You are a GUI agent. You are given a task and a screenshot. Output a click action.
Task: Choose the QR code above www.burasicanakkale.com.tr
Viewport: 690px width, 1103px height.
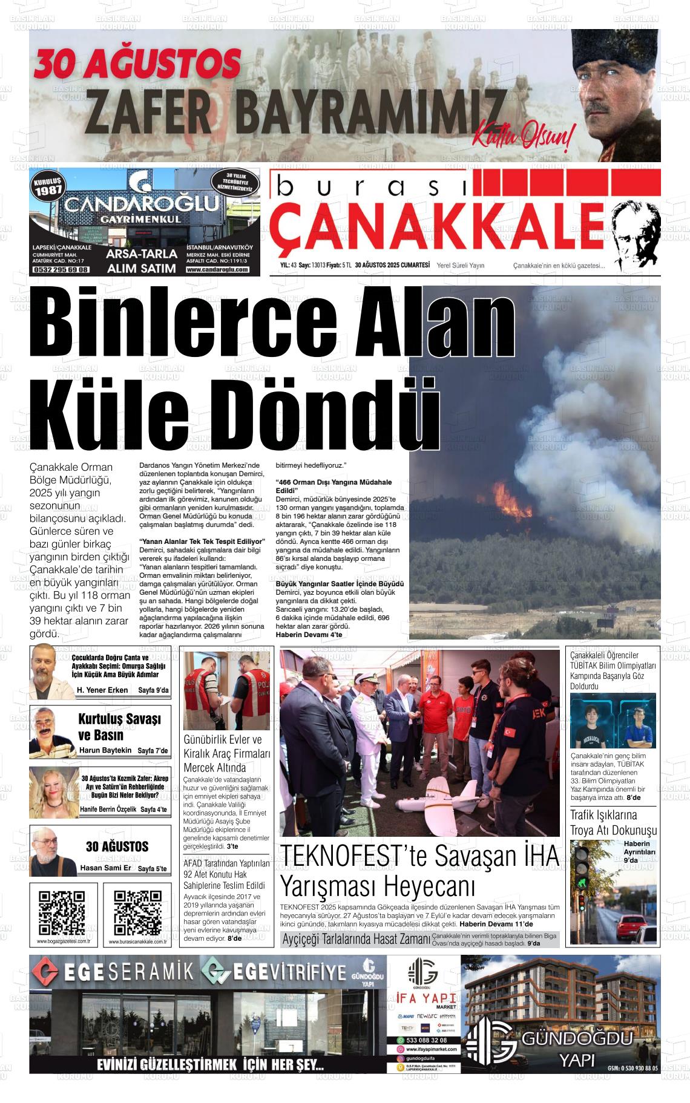point(137,913)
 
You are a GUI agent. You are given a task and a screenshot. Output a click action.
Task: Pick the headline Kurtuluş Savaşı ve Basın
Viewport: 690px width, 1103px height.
point(119,727)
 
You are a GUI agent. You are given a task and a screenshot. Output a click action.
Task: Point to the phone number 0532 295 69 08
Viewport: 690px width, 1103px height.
point(61,270)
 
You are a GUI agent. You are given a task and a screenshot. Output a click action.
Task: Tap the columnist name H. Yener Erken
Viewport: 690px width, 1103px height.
point(102,690)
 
